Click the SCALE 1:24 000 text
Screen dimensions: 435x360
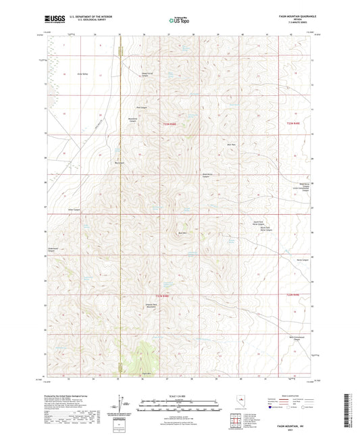pos(180,396)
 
